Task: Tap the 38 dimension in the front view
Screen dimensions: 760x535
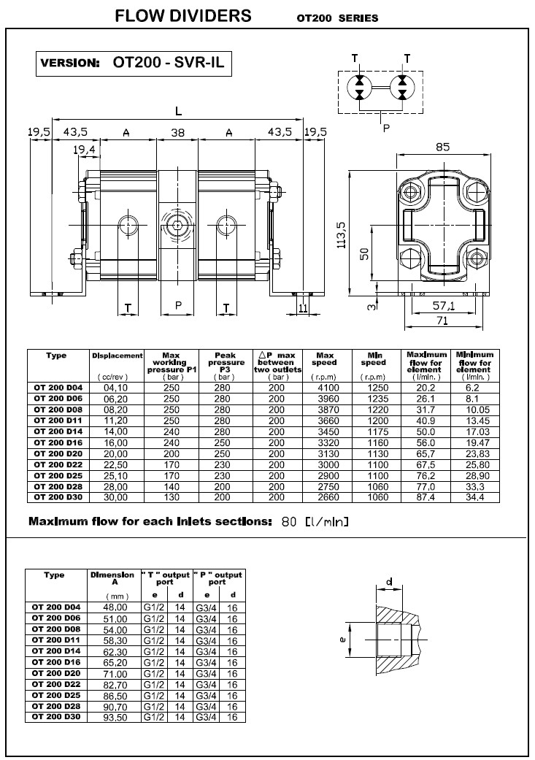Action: (x=178, y=132)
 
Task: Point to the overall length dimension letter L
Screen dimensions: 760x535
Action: (x=178, y=110)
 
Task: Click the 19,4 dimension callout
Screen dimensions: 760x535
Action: (x=85, y=149)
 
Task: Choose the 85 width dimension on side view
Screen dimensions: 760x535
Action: (x=442, y=146)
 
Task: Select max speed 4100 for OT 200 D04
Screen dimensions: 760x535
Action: (x=324, y=388)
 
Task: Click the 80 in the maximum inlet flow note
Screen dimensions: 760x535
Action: (x=289, y=522)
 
